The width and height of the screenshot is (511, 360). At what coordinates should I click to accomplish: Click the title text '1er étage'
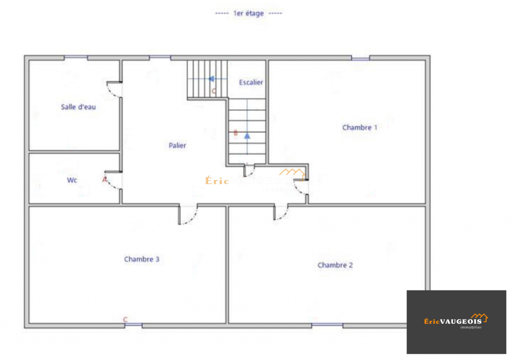click(248, 13)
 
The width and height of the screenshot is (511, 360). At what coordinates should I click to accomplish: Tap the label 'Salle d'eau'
click(78, 107)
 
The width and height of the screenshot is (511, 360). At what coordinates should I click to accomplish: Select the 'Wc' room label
click(72, 180)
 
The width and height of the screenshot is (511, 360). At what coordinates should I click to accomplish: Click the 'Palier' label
click(177, 146)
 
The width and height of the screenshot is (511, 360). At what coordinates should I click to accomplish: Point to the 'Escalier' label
click(251, 82)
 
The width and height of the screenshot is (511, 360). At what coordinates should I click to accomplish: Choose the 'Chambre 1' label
click(360, 127)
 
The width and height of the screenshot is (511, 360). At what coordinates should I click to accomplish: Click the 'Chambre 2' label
click(335, 265)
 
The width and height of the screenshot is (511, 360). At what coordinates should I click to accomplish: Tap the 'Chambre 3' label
click(141, 259)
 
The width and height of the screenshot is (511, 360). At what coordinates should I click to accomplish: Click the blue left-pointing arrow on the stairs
click(211, 79)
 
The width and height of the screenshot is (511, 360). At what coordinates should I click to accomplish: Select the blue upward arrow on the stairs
click(247, 136)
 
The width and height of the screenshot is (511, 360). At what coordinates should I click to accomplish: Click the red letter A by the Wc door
click(105, 180)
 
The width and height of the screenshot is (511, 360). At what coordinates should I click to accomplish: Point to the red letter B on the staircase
click(236, 133)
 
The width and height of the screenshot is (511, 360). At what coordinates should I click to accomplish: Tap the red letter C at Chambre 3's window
click(126, 319)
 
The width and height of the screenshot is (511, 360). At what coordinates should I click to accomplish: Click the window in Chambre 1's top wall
click(361, 58)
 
